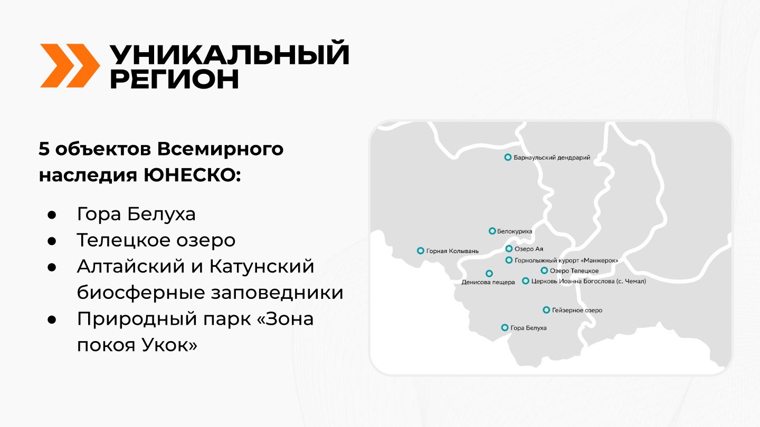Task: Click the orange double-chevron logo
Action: click(x=70, y=66)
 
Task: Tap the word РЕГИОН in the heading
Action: click(x=174, y=80)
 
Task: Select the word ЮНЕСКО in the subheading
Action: click(x=192, y=175)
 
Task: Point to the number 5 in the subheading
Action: click(x=44, y=149)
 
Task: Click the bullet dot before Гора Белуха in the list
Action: click(x=52, y=215)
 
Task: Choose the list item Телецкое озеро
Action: click(x=156, y=240)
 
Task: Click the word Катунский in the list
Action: click(x=262, y=266)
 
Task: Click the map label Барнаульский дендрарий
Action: click(x=552, y=157)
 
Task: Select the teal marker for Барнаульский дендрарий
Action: click(x=508, y=157)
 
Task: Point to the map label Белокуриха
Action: click(x=515, y=231)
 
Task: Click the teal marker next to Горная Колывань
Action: click(x=420, y=251)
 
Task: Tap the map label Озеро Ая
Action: click(x=529, y=249)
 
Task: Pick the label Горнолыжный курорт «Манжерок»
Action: click(x=566, y=260)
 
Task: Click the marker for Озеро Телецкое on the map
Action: click(x=544, y=270)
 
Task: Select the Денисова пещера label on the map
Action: click(x=488, y=282)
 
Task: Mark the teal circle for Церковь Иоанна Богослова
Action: click(x=526, y=281)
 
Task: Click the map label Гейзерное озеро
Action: click(x=577, y=310)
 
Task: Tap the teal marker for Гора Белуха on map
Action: click(x=505, y=328)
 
